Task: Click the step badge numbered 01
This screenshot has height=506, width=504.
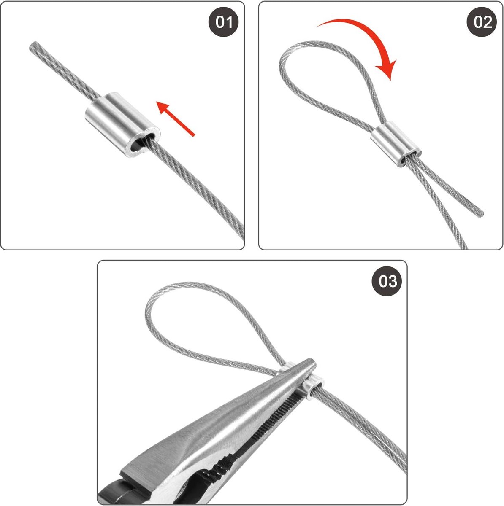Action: tap(223, 22)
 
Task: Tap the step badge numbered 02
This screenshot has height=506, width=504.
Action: tap(482, 22)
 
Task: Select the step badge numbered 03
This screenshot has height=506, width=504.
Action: tap(387, 281)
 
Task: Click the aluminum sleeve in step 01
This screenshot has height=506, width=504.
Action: tap(122, 124)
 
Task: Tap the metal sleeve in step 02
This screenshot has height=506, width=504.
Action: tap(396, 144)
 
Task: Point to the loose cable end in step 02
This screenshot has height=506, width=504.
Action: tap(481, 214)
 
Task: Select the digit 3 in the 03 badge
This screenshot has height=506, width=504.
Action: tap(392, 281)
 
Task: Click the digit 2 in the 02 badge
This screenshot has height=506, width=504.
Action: tap(487, 22)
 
